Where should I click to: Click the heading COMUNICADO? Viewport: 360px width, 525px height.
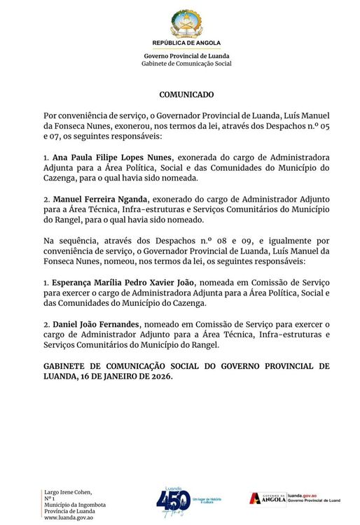click(x=186, y=94)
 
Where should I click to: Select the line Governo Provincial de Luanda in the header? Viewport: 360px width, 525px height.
click(x=186, y=56)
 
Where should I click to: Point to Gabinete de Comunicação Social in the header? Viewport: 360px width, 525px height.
click(x=186, y=64)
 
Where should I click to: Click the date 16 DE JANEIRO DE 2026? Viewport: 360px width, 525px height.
click(x=123, y=376)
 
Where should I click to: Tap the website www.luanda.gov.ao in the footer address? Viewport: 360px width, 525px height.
click(x=69, y=517)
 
